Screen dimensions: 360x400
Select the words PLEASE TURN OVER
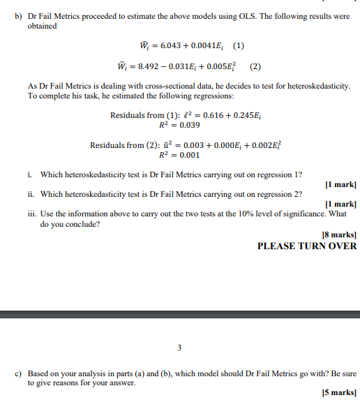click(307, 246)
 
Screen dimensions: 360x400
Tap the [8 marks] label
click(340, 235)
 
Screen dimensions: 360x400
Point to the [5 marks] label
click(340, 393)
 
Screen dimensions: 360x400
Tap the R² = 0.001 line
click(179, 156)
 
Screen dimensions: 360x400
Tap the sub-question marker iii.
click(32, 214)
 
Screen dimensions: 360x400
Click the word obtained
click(42, 26)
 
